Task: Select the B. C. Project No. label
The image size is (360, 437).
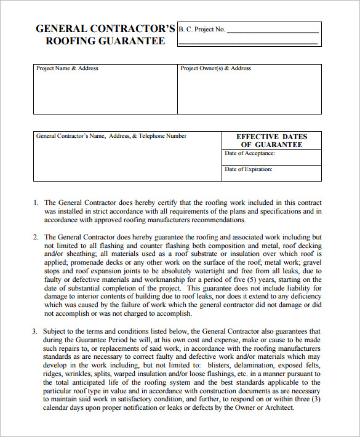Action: point(202,29)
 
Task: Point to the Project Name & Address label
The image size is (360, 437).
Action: point(67,68)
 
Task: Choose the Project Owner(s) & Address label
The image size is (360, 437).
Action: point(215,68)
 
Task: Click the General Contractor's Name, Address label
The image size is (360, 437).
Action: point(111,136)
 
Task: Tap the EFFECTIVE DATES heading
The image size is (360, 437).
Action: point(271,137)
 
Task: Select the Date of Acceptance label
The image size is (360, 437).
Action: point(250,153)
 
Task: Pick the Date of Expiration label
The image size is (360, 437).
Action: point(249,169)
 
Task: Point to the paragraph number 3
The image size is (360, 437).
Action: point(35,331)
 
